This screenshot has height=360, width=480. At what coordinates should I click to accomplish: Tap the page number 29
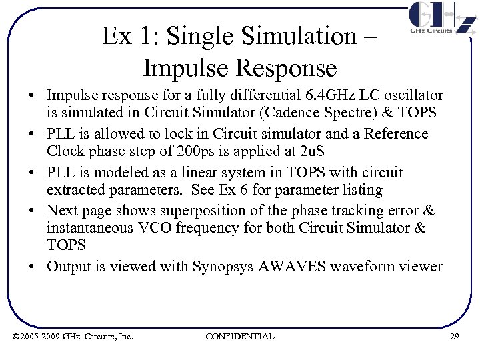pyautogui.click(x=455, y=336)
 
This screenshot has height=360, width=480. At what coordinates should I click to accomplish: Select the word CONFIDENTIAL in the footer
pyautogui.click(x=240, y=336)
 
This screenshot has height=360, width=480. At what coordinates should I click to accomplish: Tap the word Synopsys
pyautogui.click(x=223, y=267)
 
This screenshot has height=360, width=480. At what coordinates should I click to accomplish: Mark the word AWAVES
pyautogui.click(x=290, y=267)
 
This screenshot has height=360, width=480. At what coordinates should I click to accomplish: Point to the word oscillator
pyautogui.click(x=412, y=96)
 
